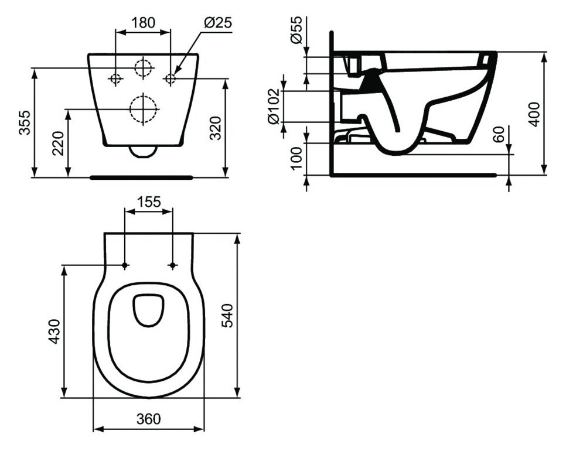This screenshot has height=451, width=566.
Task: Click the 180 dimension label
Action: tap(143, 23)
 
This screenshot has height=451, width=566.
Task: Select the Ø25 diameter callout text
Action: tap(218, 23)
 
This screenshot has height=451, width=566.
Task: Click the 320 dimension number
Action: tap(215, 127)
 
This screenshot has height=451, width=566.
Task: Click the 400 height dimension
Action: tap(534, 113)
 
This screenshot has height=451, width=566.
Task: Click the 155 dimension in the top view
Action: tap(149, 202)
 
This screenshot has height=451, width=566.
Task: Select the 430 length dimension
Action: tap(54, 332)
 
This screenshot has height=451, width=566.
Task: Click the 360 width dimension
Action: tap(149, 419)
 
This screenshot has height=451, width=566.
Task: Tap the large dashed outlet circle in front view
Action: tap(144, 108)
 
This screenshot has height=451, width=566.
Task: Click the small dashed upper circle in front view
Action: tap(143, 68)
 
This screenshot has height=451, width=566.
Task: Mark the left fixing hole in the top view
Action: tap(125, 266)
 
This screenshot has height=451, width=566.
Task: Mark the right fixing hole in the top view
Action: tap(172, 266)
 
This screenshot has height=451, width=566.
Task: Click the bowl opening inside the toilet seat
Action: tap(149, 308)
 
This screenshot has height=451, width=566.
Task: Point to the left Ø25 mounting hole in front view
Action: tap(115, 78)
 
